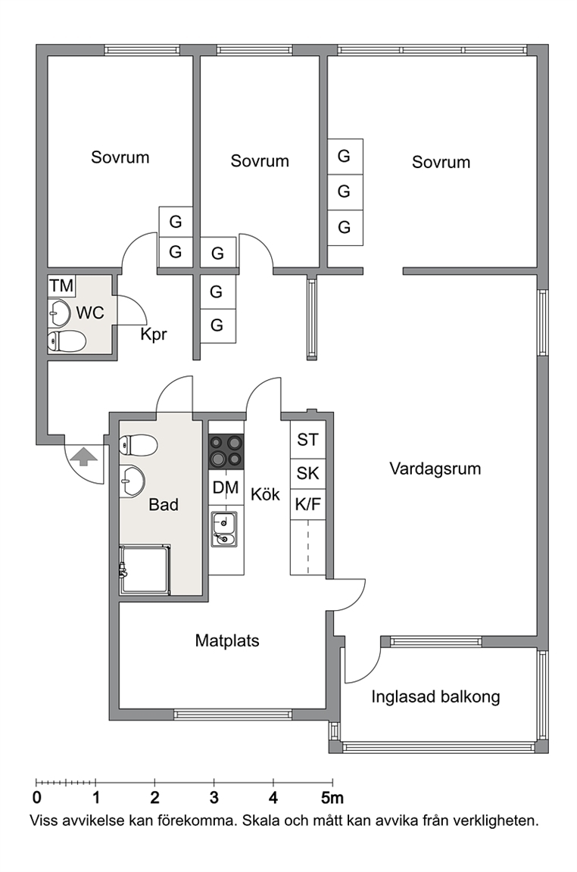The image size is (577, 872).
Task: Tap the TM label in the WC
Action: point(61,286)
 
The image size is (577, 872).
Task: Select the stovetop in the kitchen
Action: point(226,450)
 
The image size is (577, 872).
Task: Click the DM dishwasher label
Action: point(226,487)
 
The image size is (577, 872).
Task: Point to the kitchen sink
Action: point(223,529)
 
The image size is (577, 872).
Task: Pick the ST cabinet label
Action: point(307,440)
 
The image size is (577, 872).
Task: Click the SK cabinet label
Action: point(307,473)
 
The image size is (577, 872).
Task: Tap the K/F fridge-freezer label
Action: point(307,504)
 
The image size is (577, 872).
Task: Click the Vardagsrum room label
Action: point(435,469)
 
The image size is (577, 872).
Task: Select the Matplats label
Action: point(227,640)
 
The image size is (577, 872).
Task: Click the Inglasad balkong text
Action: point(435,697)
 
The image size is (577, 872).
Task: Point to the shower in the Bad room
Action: point(145,569)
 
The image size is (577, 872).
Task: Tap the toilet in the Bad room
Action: point(139,445)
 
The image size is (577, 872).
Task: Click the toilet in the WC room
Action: point(67,341)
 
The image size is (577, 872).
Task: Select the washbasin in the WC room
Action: point(59,313)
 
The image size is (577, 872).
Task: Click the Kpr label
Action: point(154,335)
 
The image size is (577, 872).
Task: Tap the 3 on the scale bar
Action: point(214,798)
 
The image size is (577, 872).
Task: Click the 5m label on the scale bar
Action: point(332,798)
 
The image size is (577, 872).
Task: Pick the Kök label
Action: point(265,494)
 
